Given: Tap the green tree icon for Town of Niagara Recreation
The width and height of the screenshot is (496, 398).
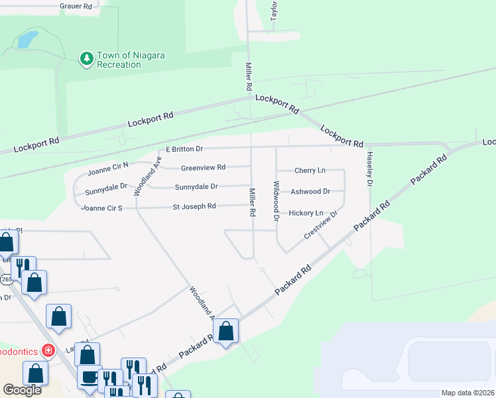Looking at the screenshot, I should coord(86,60).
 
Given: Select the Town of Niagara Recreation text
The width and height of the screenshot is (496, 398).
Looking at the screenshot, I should coord(131,60).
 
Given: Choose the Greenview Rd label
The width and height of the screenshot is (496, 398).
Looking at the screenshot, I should coord(203,167).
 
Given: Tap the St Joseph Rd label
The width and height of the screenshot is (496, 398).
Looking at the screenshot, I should coord(194,206).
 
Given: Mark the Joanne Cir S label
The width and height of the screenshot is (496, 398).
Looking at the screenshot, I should coord(101,208).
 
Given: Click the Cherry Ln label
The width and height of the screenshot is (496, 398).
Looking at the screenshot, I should coord(310,170).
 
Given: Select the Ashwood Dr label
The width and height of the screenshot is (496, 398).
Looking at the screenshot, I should coord(311,192).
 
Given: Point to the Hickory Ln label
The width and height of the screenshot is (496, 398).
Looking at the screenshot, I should coord(306,213).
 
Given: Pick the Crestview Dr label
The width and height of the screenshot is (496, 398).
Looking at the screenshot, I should coord(321,225).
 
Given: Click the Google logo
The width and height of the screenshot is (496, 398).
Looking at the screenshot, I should coord(22,390).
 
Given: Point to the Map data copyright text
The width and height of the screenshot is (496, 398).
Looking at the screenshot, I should coord(467,393).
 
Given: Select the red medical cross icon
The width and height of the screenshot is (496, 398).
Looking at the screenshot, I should coord(48,350).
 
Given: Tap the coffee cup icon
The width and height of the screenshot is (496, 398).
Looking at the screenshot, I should coord(88,376).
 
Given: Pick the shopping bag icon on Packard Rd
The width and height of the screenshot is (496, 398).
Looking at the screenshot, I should coord(225,330).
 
